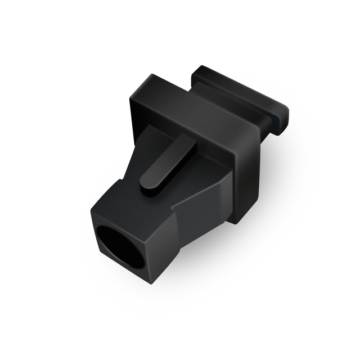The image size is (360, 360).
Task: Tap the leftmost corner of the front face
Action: coord(91,214)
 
